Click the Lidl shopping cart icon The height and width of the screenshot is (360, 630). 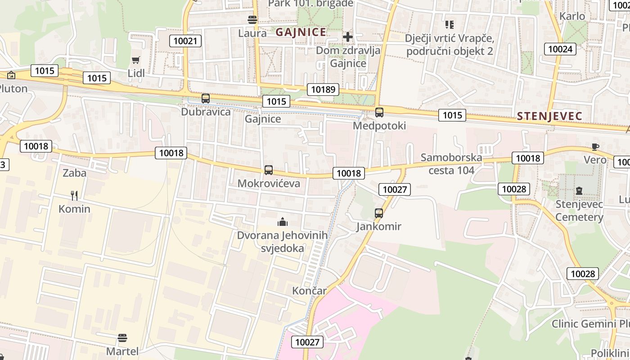135,60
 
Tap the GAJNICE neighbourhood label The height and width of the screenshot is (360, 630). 301,32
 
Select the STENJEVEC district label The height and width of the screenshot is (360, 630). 549,116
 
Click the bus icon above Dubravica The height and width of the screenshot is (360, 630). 206,98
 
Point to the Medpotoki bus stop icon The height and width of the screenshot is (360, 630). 379,112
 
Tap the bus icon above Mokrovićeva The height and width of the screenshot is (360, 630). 269,170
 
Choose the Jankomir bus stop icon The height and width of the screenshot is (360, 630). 379,213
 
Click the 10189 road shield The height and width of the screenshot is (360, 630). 323,89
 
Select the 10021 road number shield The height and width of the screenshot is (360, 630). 185,41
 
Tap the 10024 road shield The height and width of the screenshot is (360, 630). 560,49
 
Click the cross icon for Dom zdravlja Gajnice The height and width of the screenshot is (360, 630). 347,36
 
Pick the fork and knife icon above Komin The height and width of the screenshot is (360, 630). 74,195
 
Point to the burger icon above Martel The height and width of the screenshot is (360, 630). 122,337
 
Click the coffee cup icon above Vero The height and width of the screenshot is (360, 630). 595,146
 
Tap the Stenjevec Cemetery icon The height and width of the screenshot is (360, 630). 579,191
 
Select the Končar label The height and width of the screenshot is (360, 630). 309,291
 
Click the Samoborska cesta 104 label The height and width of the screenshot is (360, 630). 451,164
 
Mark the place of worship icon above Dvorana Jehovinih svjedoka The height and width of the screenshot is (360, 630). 283,221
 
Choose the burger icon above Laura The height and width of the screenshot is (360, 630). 252,20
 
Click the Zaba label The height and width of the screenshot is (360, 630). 74,173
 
